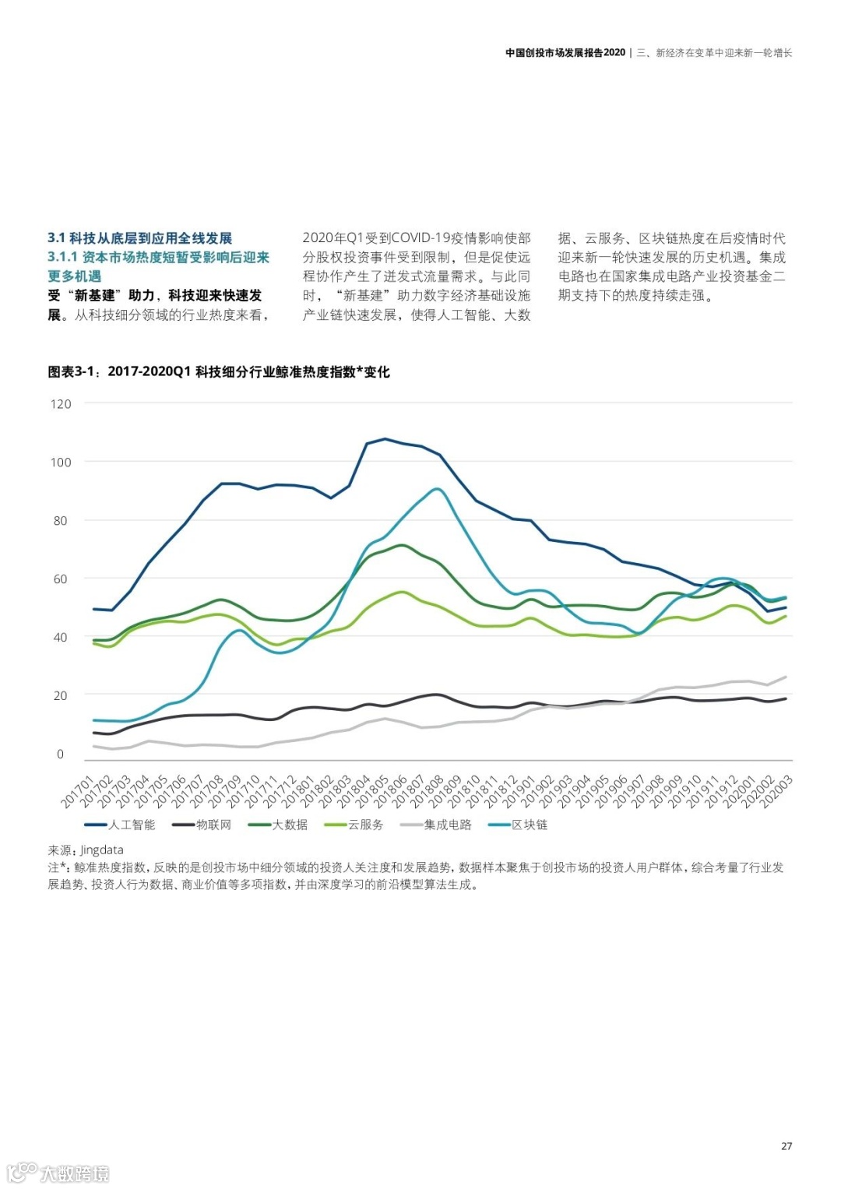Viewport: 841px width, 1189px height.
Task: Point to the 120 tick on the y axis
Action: coord(61,404)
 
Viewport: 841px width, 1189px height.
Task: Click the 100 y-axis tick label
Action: coord(61,463)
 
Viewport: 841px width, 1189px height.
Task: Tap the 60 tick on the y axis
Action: coord(61,579)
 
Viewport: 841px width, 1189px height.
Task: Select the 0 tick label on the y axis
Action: coord(61,754)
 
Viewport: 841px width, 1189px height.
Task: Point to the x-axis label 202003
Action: coord(776,791)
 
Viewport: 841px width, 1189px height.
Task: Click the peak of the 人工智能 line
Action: coord(385,439)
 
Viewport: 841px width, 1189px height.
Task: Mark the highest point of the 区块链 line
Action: coord(438,489)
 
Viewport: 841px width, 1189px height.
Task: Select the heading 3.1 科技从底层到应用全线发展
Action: coord(140,238)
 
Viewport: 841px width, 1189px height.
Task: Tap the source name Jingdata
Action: coord(101,850)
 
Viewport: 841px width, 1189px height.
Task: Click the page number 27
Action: coord(786,1146)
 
